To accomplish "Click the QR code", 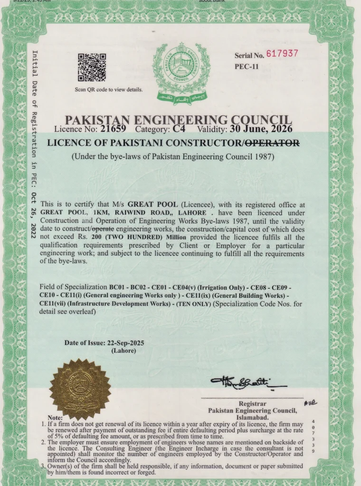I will pyautogui.click(x=91, y=67).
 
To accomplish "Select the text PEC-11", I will pyautogui.click(x=247, y=67).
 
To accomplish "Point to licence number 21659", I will pyautogui.click(x=113, y=128).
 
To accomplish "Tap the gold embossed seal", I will pyautogui.click(x=80, y=389).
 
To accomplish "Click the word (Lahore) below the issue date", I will pyautogui.click(x=123, y=351).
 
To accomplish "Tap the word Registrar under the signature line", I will pyautogui.click(x=252, y=403).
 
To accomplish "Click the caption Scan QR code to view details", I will pyautogui.click(x=108, y=90).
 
